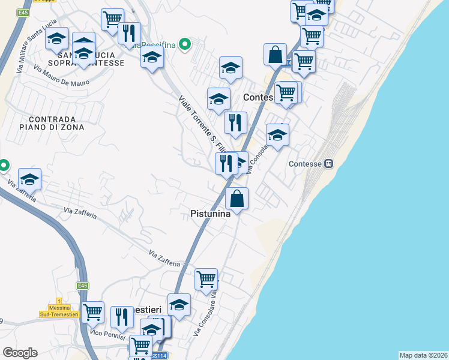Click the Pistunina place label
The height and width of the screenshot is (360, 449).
click(210, 213)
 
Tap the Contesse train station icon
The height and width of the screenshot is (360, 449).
click(328, 163)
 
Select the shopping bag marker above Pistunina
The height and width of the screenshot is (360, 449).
click(237, 199)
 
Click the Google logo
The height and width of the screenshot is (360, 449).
click(20, 352)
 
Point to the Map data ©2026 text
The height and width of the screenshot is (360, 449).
click(423, 355)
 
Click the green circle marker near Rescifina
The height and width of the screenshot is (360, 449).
click(185, 44)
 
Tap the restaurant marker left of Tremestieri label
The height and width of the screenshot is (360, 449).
click(122, 317)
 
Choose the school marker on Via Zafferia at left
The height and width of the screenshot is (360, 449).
click(29, 179)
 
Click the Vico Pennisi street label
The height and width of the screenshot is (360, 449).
click(107, 332)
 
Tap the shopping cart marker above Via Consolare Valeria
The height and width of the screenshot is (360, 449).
click(206, 279)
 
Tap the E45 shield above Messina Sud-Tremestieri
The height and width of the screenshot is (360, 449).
click(83, 286)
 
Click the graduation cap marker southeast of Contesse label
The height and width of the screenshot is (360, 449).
click(277, 135)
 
